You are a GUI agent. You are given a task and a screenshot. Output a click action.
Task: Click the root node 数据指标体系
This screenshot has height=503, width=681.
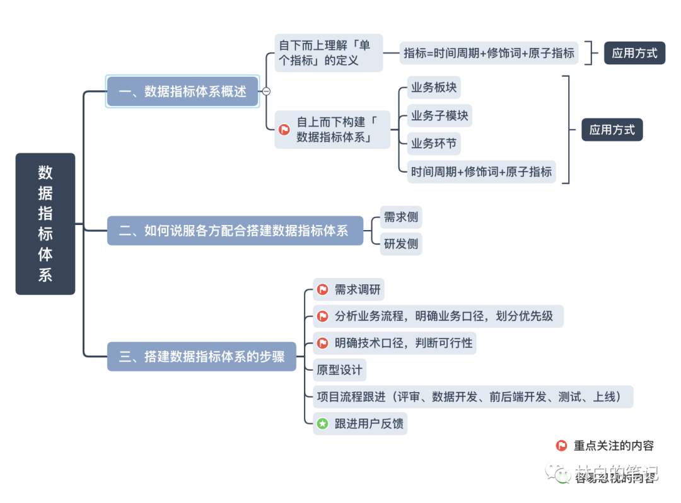(x=45, y=224)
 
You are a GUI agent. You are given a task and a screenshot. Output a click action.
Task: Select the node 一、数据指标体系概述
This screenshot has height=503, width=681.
(x=182, y=91)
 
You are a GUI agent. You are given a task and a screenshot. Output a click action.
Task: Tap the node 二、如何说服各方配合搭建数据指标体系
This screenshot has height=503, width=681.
(x=235, y=231)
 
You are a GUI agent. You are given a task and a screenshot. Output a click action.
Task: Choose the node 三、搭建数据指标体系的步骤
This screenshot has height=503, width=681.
(x=202, y=357)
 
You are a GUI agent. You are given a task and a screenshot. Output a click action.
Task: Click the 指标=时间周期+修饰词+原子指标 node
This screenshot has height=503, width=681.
(x=489, y=54)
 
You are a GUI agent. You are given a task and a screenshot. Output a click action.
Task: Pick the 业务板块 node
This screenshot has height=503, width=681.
(x=434, y=88)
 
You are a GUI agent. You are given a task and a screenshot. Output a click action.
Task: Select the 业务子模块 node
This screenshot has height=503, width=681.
(x=439, y=116)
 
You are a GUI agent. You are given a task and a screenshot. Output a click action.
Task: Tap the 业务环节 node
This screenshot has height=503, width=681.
(x=434, y=144)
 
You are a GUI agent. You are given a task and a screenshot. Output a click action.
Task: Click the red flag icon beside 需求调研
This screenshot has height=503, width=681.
(x=323, y=290)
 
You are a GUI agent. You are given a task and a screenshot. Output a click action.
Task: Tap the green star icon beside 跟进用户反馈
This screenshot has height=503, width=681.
(x=323, y=424)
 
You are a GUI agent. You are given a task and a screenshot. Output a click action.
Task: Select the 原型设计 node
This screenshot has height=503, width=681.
(x=340, y=370)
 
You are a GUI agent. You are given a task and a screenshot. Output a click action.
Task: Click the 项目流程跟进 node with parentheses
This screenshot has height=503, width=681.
(x=473, y=396)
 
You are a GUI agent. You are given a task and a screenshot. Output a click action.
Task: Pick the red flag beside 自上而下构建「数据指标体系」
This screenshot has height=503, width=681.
(x=284, y=130)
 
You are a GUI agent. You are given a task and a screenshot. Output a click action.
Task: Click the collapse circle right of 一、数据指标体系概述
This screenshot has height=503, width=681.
(x=266, y=91)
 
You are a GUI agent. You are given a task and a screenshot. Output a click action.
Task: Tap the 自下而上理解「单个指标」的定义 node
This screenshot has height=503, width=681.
(x=329, y=53)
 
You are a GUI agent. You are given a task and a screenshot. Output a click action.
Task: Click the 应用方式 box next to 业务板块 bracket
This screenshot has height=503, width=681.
(x=612, y=130)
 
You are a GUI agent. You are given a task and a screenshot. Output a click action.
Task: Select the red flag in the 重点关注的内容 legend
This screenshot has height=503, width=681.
(x=561, y=446)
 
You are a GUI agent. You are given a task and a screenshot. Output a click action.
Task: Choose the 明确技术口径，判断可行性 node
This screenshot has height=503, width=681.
(x=395, y=343)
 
